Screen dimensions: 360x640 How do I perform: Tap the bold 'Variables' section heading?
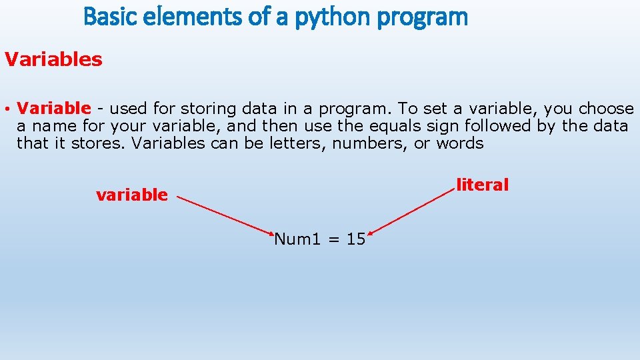coord(53,59)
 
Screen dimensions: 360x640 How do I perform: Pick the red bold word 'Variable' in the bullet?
coord(53,108)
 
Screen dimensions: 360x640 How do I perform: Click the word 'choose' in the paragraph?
coord(606,108)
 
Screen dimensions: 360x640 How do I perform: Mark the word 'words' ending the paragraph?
coord(459,143)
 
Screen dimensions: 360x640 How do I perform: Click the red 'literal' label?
coord(482,185)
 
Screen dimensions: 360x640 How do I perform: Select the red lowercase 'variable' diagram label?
coord(132,195)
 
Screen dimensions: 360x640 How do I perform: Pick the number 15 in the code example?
coord(356,239)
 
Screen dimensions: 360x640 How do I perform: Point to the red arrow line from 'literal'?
coord(412,211)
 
